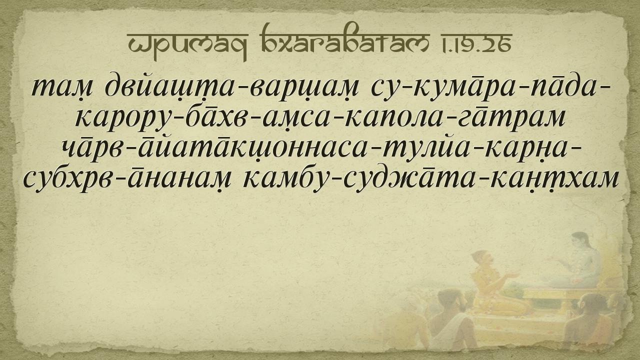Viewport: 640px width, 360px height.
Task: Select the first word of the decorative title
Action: point(187,45)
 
